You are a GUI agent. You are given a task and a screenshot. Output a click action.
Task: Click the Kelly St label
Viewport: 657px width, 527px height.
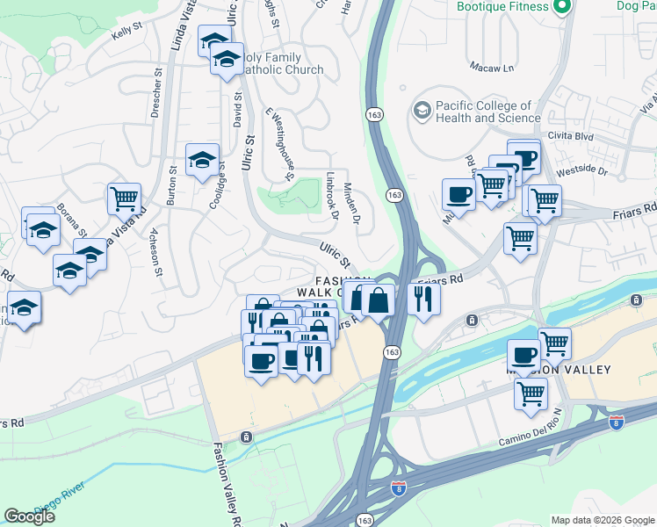point(126,32)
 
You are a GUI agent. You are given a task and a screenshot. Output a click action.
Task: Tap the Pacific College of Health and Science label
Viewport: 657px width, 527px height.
point(488,112)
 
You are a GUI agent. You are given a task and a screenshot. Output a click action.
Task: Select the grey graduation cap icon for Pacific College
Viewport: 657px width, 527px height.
point(422,112)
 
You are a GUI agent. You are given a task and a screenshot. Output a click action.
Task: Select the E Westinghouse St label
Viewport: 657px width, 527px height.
point(278,145)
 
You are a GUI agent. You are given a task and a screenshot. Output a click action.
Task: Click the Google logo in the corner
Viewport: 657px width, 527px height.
point(29,516)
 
